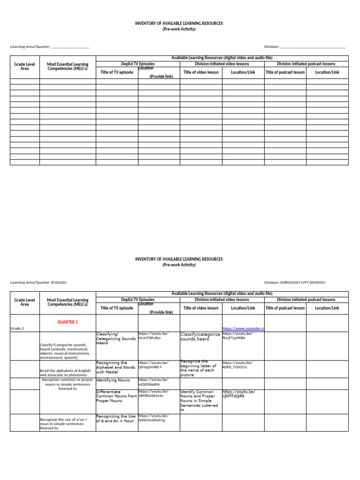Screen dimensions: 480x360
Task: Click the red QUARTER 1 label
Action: tap(67, 322)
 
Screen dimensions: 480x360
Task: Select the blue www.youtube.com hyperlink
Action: tap(243, 329)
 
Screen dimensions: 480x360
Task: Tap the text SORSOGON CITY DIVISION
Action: tap(303, 282)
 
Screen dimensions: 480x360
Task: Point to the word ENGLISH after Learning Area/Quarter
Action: tap(59, 282)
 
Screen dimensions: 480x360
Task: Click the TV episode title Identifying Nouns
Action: tap(113, 380)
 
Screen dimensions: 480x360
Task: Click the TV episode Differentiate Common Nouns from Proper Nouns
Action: tap(116, 396)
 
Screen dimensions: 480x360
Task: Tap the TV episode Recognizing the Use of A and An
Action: tap(116, 418)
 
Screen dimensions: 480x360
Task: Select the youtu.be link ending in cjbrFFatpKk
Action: tap(239, 394)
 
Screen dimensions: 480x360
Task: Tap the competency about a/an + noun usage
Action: tap(64, 423)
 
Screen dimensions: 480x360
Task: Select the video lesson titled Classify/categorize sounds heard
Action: tap(200, 337)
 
